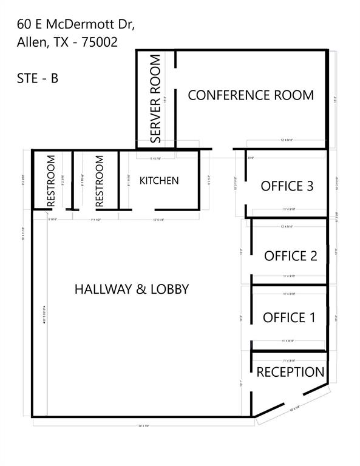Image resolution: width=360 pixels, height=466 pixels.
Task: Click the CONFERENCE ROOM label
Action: click(x=251, y=95)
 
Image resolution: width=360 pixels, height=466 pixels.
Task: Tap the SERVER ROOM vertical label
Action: click(x=155, y=99)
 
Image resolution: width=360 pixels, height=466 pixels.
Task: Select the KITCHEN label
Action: click(x=159, y=181)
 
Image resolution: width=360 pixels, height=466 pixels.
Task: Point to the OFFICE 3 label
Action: click(x=287, y=186)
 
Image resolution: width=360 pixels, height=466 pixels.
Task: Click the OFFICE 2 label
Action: click(x=290, y=256)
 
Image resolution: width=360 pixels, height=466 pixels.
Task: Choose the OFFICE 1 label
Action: click(x=289, y=317)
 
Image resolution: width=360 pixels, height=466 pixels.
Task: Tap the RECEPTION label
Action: click(x=290, y=372)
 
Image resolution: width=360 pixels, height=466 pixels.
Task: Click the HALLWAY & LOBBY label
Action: click(x=132, y=289)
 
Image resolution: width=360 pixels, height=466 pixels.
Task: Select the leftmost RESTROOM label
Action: click(x=51, y=181)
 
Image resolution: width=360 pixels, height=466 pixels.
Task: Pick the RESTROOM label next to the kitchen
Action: click(x=99, y=181)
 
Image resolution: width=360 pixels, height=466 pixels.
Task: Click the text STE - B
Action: click(x=38, y=78)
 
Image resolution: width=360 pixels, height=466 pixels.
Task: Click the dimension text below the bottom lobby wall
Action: click(x=143, y=427)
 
